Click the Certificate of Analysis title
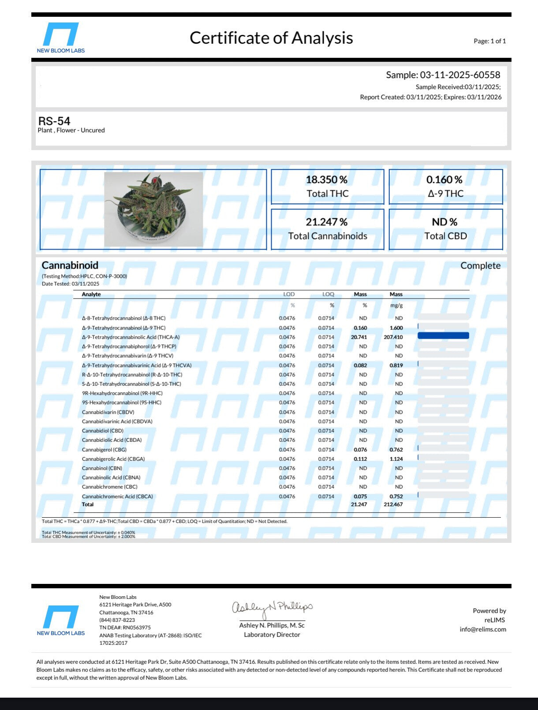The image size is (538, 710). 271,38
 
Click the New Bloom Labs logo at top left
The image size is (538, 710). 61,38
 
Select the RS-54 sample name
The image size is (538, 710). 54,121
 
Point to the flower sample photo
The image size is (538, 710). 153,209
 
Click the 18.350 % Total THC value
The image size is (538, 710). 327,180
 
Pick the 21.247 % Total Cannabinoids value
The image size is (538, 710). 327,222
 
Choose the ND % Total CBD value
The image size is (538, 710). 445,222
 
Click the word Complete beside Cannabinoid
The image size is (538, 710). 480,265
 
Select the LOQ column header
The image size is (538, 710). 328,294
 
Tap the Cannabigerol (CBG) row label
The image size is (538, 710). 104,450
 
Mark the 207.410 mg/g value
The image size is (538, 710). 393,337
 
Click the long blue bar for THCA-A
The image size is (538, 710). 443,336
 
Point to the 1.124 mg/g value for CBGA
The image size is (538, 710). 396,459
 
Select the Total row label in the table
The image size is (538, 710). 88,504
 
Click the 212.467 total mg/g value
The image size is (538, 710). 393,504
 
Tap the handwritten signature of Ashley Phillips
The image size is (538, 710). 272,609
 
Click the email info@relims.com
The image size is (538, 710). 482,629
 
